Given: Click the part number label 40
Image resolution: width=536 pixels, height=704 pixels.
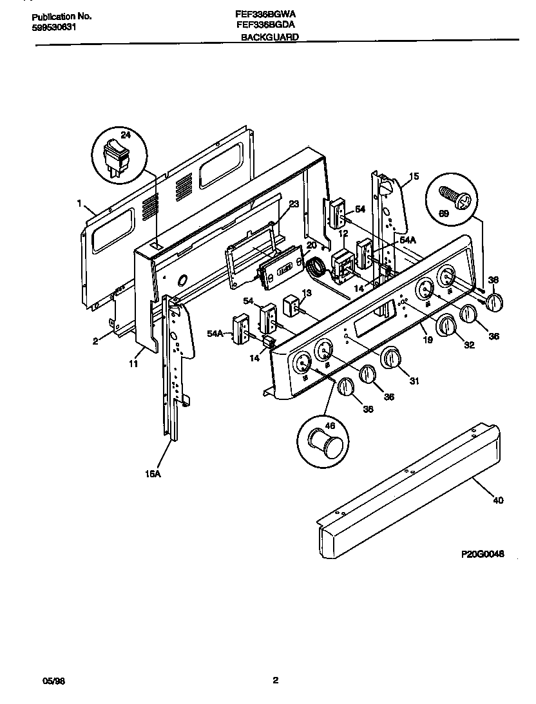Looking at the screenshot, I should click(499, 500).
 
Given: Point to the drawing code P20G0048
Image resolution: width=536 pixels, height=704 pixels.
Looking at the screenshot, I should click(483, 553).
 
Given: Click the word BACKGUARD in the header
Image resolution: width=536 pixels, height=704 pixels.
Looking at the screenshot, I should click(269, 38).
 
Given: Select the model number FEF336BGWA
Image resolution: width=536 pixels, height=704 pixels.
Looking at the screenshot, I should click(266, 14).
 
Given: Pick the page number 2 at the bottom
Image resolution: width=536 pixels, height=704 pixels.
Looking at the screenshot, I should click(275, 680).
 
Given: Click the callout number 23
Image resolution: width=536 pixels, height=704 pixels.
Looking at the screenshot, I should click(294, 204).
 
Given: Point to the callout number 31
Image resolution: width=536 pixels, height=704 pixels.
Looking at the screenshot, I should click(414, 381).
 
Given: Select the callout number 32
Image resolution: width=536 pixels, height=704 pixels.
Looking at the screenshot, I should click(468, 346).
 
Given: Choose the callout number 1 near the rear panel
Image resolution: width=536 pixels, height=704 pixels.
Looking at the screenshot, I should click(79, 204).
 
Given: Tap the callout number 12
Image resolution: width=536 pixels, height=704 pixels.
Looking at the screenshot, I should click(343, 233).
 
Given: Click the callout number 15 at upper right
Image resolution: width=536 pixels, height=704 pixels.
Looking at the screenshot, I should click(414, 176).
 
